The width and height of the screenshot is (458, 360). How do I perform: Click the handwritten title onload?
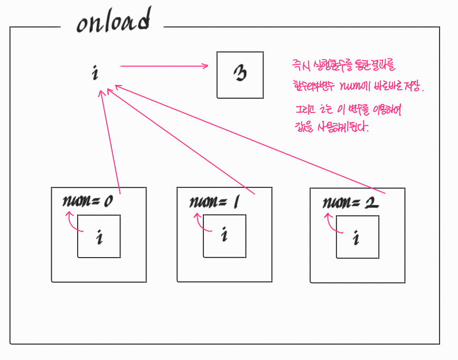point(113,23)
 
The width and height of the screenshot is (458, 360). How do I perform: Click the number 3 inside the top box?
point(240,74)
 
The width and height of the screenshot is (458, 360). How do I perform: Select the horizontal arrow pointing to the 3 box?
point(164,66)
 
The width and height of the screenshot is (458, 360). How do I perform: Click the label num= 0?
point(88,202)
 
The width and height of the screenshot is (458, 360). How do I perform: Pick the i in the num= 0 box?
point(99,238)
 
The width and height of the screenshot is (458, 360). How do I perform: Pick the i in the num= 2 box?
point(357,238)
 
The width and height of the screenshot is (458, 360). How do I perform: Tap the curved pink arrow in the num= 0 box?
point(72,222)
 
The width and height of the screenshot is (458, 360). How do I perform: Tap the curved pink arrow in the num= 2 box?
point(333,222)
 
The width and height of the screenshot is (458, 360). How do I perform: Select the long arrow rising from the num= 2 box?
point(243,137)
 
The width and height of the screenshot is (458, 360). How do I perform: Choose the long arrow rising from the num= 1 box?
point(180,140)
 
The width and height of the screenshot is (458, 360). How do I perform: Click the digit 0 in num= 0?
point(108,202)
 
